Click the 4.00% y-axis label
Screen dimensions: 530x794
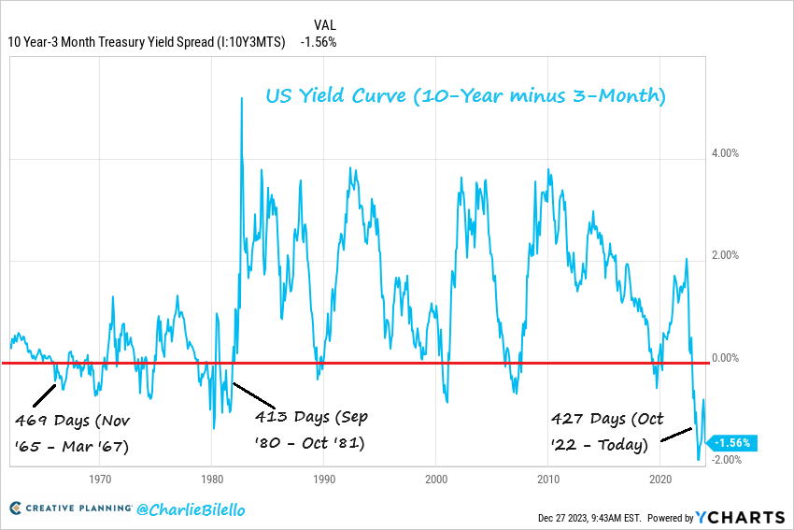click(x=727, y=153)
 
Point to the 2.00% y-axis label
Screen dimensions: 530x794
click(x=727, y=255)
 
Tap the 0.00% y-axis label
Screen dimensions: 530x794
click(x=727, y=358)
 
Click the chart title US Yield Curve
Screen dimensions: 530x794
click(x=465, y=96)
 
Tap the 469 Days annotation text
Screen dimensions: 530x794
click(x=74, y=433)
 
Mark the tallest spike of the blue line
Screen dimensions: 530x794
click(x=242, y=98)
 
